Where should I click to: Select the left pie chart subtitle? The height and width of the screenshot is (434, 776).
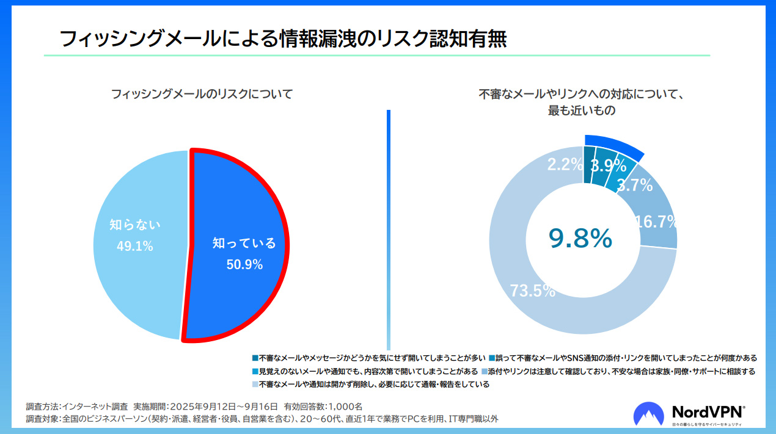(202, 94)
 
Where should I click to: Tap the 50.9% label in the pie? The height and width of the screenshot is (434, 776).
(244, 264)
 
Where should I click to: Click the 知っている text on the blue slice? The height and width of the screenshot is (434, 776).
(244, 243)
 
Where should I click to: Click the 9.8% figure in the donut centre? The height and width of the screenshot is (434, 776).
(580, 238)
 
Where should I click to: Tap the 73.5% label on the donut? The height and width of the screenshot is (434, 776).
(532, 291)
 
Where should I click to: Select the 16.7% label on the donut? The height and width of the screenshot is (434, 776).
(656, 221)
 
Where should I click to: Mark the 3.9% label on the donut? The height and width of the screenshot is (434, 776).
(609, 165)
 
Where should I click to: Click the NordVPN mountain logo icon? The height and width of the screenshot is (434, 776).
(649, 414)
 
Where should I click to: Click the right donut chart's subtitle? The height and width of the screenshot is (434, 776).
(580, 103)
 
